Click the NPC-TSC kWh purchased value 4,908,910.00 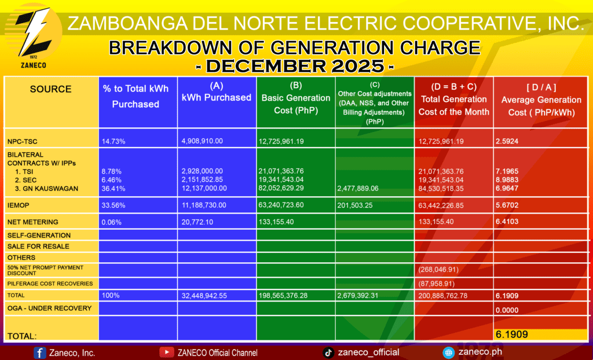point(202,141)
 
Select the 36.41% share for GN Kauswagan point(114,188)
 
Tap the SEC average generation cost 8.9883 point(507,180)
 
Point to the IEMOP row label point(18,205)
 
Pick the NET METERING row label point(33,222)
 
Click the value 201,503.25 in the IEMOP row point(355,205)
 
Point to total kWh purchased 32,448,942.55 point(204,296)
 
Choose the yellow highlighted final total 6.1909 point(512,335)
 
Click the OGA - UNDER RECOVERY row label point(50,308)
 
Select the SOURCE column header point(51,89)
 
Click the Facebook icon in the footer point(40,353)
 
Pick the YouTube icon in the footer point(166,352)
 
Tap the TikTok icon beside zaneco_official point(328,352)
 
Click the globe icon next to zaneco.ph point(449,352)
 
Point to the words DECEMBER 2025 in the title point(295,67)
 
